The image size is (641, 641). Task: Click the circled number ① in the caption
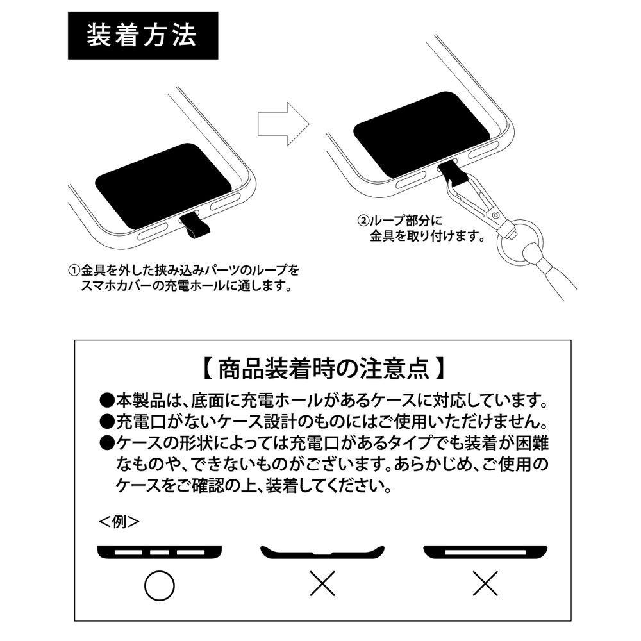pyautogui.click(x=73, y=269)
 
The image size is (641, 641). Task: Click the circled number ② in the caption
pyautogui.click(x=363, y=220)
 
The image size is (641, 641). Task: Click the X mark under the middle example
pyautogui.click(x=323, y=584)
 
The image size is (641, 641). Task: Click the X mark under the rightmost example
pyautogui.click(x=486, y=584)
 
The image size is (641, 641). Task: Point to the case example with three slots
pyautogui.click(x=160, y=552)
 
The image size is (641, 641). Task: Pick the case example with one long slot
pyautogui.click(x=486, y=552)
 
